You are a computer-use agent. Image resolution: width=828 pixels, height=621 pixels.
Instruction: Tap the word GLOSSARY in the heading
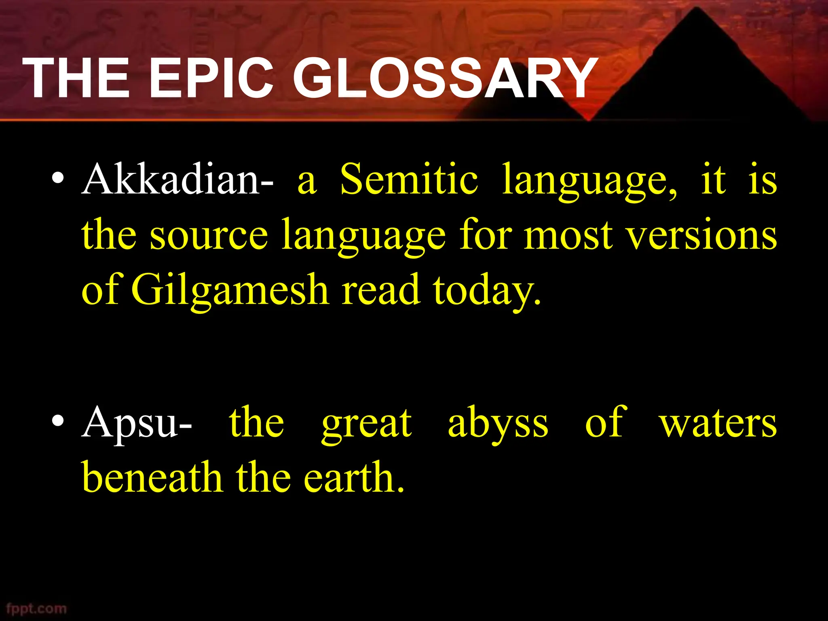[x=445, y=78]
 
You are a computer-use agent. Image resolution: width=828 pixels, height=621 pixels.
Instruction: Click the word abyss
[x=498, y=425]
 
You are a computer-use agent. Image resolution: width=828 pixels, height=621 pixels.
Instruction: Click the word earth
[x=354, y=477]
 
